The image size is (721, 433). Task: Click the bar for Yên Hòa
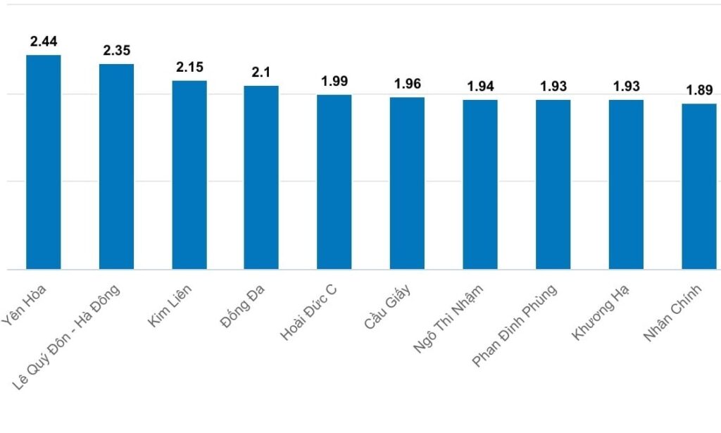point(44,162)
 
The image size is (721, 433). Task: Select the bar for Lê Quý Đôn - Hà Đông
point(116,166)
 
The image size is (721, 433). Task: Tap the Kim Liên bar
point(189,175)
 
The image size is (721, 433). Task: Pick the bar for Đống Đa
point(261,177)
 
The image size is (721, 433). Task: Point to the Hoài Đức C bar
point(334,182)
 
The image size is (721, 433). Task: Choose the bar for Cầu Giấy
point(407,183)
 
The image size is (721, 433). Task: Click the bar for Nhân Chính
point(699,187)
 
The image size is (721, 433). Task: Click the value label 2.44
point(44,41)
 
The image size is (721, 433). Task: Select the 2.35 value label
point(116,51)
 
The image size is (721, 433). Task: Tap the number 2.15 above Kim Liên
point(189,67)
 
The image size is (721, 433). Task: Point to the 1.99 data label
point(334,81)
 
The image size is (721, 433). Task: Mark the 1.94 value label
point(480,87)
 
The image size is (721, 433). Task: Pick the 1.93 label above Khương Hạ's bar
point(626,86)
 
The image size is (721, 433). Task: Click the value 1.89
point(699,90)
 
